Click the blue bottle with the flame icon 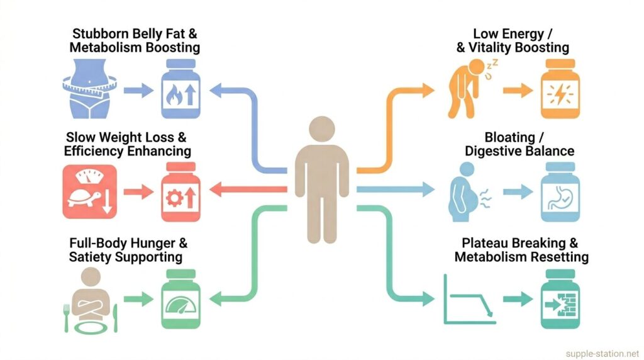(x=180, y=89)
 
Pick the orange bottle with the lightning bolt (x=560, y=89)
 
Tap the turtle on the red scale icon (x=84, y=199)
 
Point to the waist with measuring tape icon (x=89, y=89)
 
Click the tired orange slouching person (x=467, y=89)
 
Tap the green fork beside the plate (x=66, y=318)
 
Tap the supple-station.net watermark (x=602, y=354)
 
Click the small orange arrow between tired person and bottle (x=518, y=90)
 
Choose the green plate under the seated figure (x=91, y=327)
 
